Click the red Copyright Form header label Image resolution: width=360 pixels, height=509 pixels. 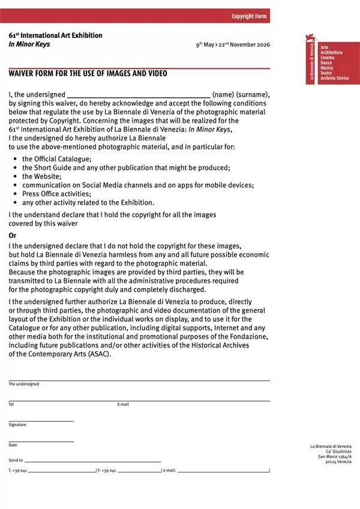pyautogui.click(x=248, y=16)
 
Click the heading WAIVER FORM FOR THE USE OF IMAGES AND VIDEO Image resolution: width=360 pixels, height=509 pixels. pyautogui.click(x=88, y=74)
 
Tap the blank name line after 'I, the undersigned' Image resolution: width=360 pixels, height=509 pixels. pyautogui.click(x=139, y=95)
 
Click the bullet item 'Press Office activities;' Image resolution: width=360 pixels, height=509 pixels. pyautogui.click(x=56, y=194)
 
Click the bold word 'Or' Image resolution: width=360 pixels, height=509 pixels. pyautogui.click(x=13, y=235)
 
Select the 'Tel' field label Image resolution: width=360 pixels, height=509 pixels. pyautogui.click(x=11, y=405)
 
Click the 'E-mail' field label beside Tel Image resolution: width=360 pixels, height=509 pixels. pyautogui.click(x=123, y=405)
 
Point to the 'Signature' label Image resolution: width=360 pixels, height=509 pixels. pyautogui.click(x=17, y=425)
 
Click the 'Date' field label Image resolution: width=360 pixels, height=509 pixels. pyautogui.click(x=13, y=445)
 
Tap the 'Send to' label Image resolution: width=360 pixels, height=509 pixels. pyautogui.click(x=16, y=460)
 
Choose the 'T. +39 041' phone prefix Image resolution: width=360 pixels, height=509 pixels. pyautogui.click(x=18, y=470)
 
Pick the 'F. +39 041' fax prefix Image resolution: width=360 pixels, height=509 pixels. pyautogui.click(x=106, y=470)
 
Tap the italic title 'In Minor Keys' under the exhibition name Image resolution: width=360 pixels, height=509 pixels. pyautogui.click(x=29, y=44)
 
